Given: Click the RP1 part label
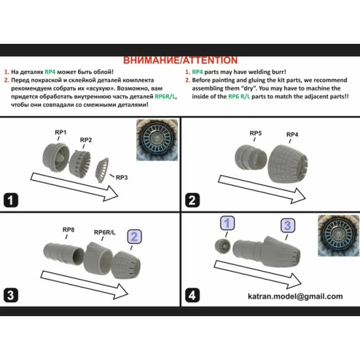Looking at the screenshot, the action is [x=61, y=132].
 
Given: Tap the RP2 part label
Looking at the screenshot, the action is [x=86, y=140].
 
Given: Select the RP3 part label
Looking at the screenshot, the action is [x=122, y=177].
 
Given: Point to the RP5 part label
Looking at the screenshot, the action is [x=255, y=133].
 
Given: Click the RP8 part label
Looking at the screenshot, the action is [x=69, y=230].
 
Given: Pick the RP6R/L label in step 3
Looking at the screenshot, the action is [x=105, y=232].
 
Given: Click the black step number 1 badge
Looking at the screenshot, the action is [x=10, y=200].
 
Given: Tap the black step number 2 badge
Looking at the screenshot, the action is [x=192, y=200].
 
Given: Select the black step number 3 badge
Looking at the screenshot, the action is [x=10, y=295].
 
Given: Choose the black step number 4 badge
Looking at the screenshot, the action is [x=192, y=295].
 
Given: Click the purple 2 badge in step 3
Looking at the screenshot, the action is [x=134, y=237].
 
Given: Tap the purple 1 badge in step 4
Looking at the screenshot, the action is [x=227, y=223].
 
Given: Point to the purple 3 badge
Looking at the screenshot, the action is [x=288, y=225].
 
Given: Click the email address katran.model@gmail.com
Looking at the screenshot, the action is [x=295, y=296].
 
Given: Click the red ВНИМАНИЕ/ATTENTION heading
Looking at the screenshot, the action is [x=180, y=60].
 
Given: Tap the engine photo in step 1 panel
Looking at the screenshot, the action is [x=157, y=140].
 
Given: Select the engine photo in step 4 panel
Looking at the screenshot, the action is [x=338, y=236].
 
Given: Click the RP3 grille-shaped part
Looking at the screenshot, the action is [x=102, y=170].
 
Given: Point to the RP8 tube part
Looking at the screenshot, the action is [x=63, y=254].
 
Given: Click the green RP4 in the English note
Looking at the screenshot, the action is [x=198, y=72].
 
